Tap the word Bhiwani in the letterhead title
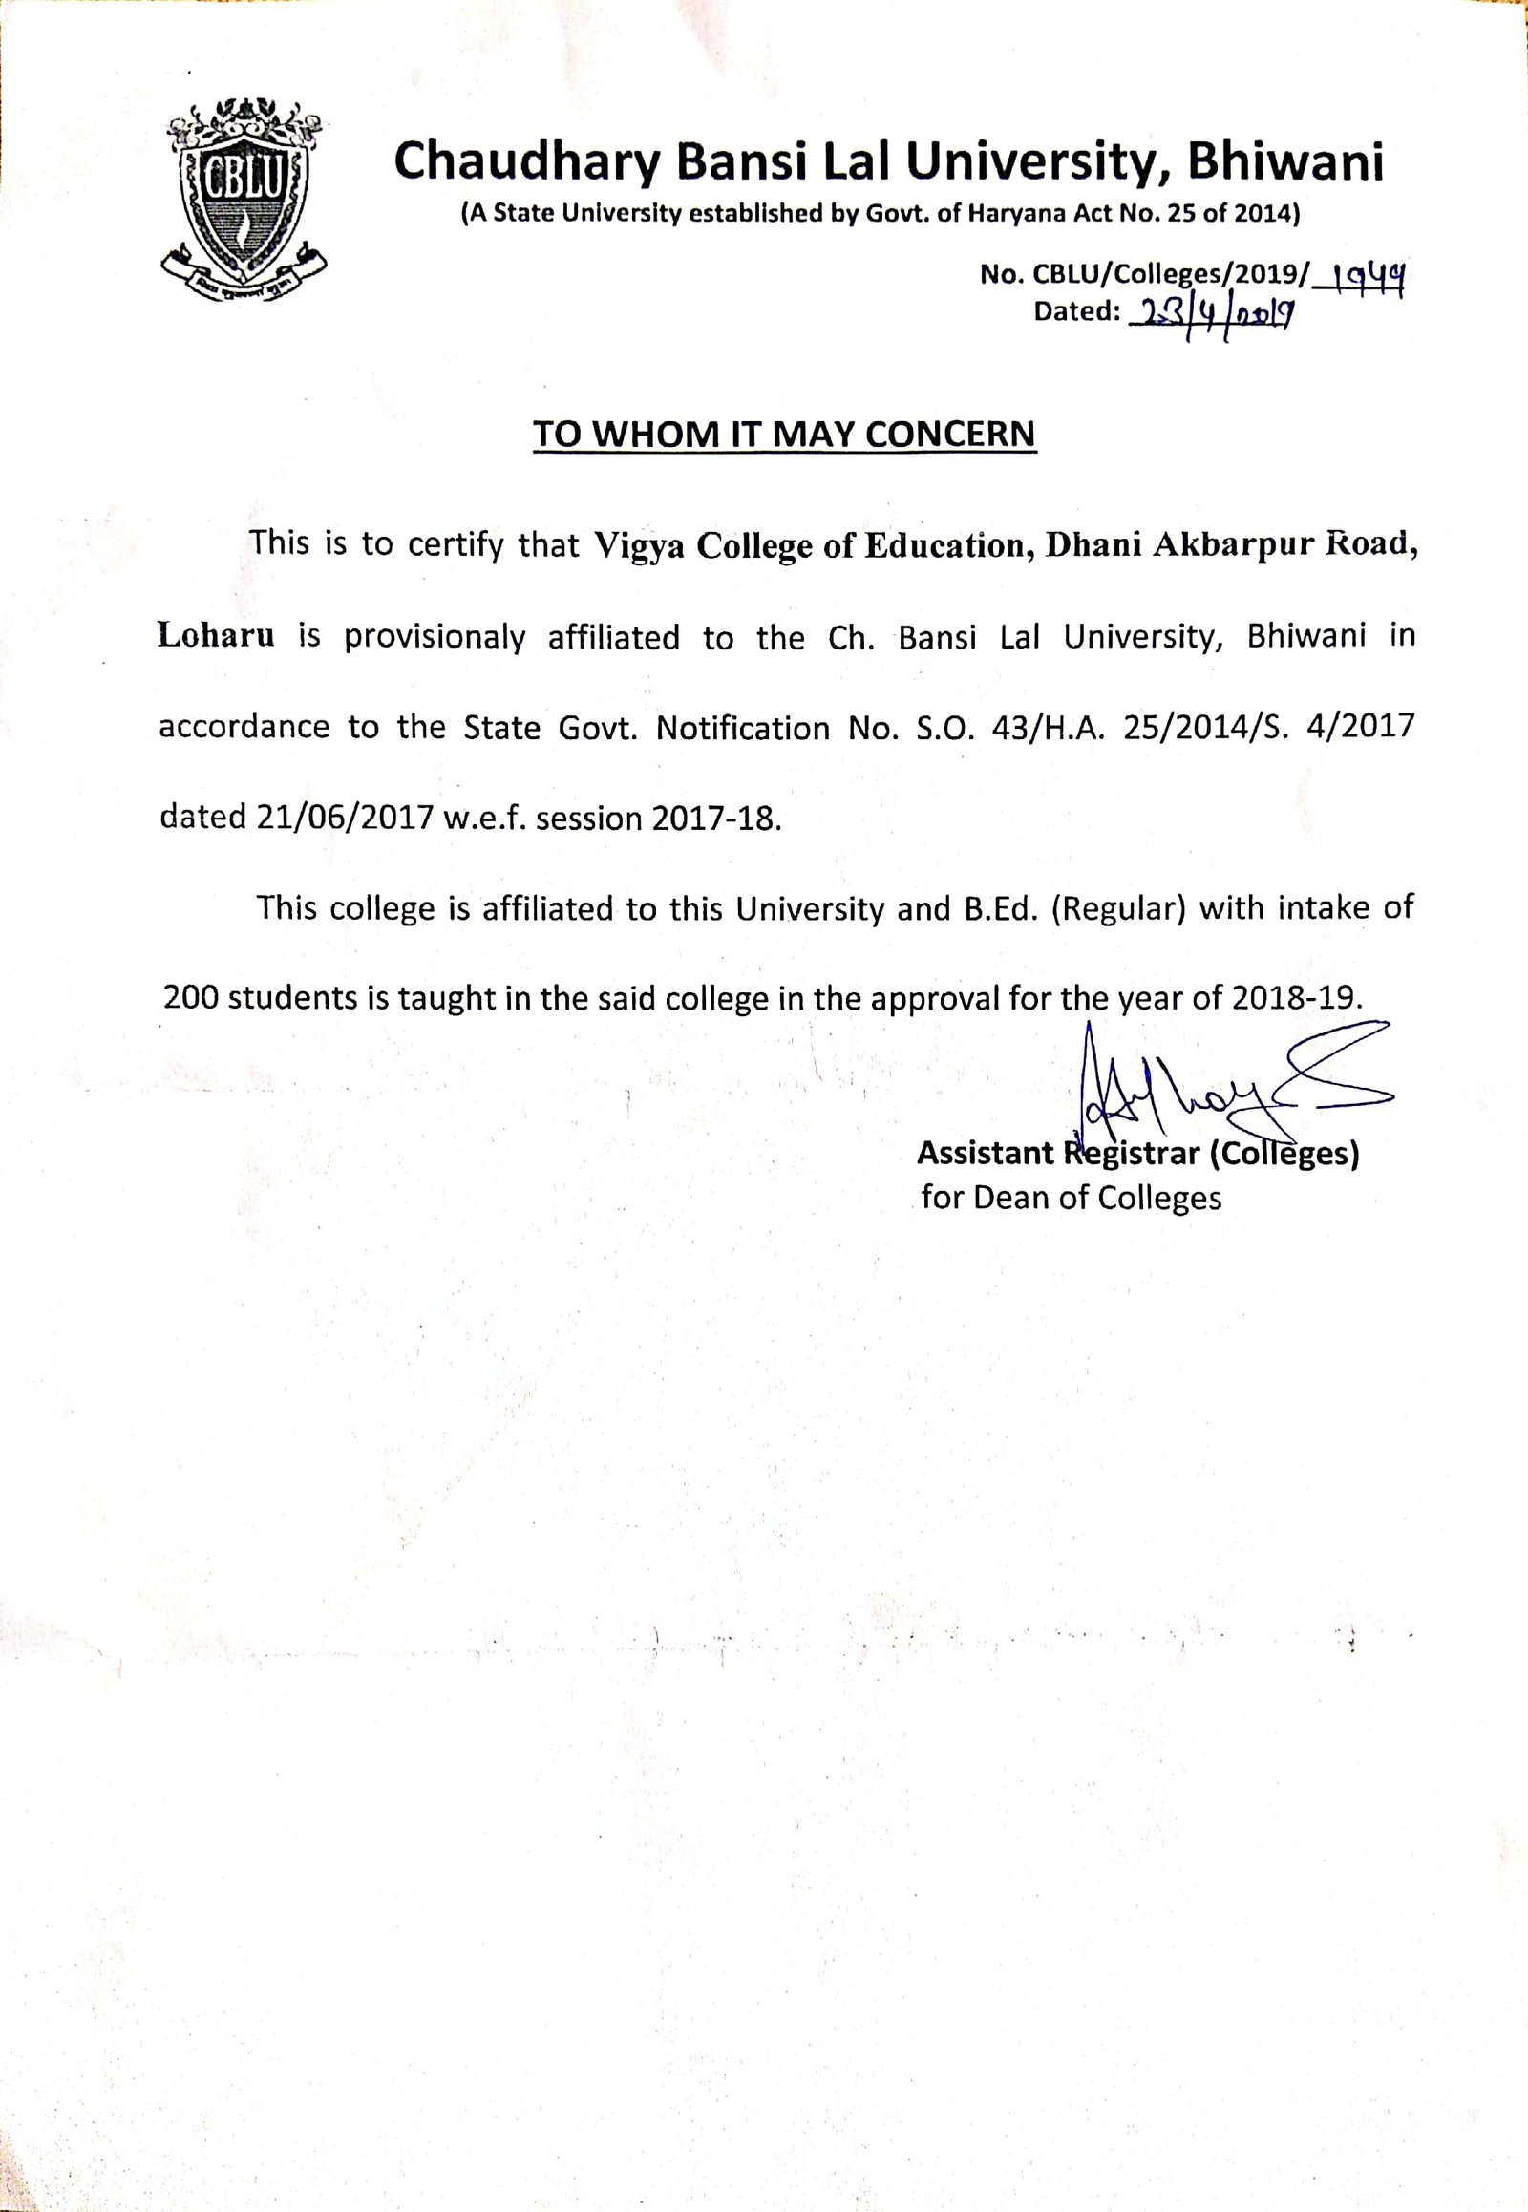click(1285, 161)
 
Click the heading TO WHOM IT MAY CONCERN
click(784, 435)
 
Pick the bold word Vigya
click(639, 545)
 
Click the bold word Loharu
click(217, 636)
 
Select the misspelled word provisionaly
click(435, 638)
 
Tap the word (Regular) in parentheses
click(1118, 908)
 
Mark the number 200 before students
click(192, 999)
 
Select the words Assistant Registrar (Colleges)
click(1137, 1154)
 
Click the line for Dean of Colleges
click(1071, 1198)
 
